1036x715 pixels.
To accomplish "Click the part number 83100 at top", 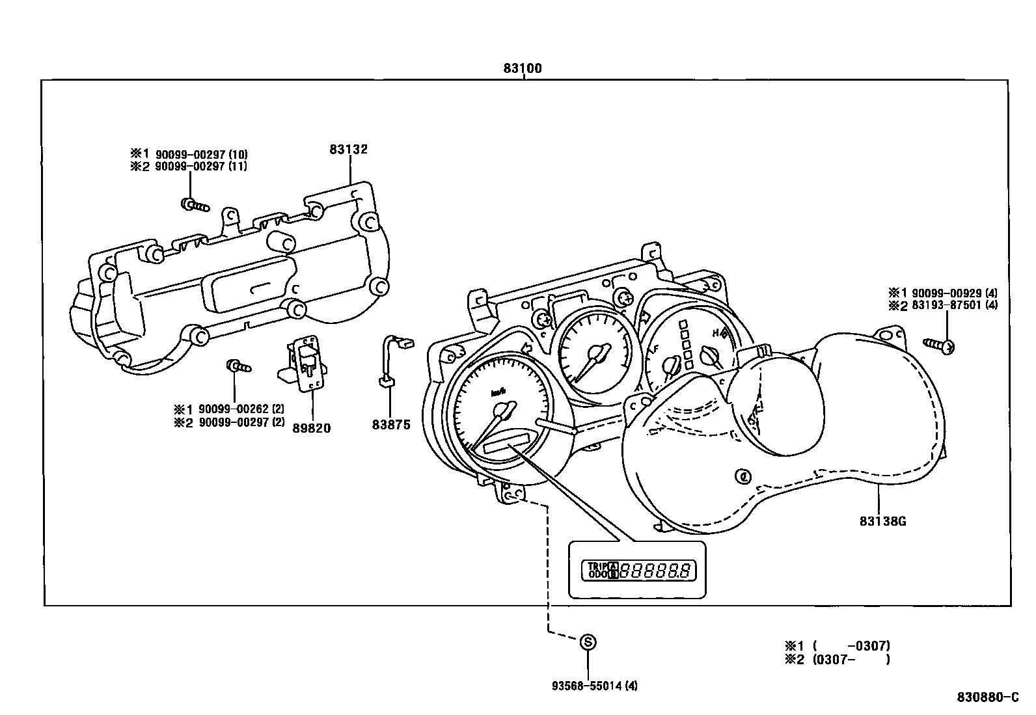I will click(523, 68).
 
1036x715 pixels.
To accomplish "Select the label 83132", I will click(348, 150).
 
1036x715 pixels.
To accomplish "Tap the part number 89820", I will click(311, 427).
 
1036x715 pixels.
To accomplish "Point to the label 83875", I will click(391, 425).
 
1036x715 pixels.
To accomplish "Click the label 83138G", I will click(882, 521).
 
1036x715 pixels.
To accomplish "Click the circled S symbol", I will click(588, 642).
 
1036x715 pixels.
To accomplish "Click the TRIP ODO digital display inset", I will click(637, 571).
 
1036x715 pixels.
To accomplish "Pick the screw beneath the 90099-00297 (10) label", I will click(194, 205).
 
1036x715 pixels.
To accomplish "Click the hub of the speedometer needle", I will click(503, 411).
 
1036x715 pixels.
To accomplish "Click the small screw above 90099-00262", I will click(237, 366).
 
